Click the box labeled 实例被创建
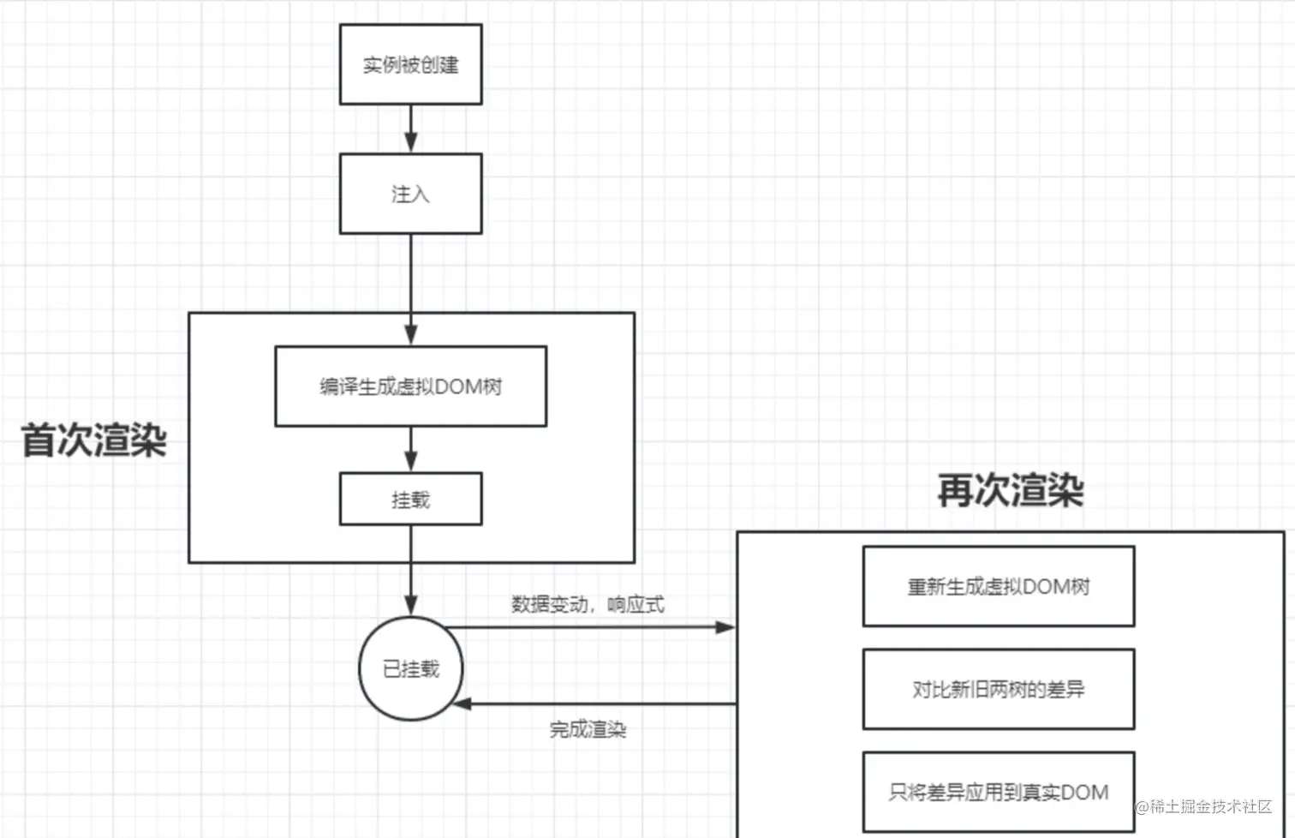(410, 64)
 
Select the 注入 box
(410, 194)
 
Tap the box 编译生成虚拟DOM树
(410, 386)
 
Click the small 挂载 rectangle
(410, 499)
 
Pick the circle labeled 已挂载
(411, 668)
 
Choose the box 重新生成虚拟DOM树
(999, 587)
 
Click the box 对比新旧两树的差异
(999, 689)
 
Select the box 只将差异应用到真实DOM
(999, 792)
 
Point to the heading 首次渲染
(93, 440)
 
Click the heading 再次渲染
(1011, 490)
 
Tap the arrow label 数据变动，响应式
(588, 604)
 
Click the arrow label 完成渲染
(588, 729)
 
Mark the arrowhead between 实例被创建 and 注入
(411, 142)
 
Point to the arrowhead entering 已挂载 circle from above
(411, 605)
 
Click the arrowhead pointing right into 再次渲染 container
(725, 627)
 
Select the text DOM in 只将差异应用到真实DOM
(1084, 793)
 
